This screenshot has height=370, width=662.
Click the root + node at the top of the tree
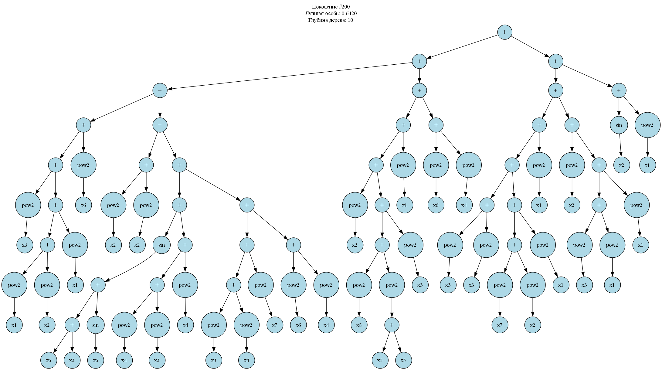coord(504,32)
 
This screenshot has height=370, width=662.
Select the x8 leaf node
coord(359,325)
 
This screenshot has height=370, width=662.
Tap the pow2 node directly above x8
coord(359,285)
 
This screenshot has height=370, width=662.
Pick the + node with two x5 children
coord(392,325)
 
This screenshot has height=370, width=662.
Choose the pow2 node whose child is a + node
coord(392,285)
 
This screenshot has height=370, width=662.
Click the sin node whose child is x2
coord(619,125)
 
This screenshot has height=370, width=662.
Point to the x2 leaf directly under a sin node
coord(621,165)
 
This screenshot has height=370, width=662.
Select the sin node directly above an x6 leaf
coord(95,325)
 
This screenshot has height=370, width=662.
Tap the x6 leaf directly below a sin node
coord(95,360)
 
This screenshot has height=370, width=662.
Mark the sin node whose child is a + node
coord(161,245)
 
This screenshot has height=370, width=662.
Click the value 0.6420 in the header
coord(349,13)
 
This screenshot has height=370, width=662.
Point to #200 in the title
coord(344,7)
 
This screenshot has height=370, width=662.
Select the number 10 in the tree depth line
coord(350,20)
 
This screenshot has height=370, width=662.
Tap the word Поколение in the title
coord(324,7)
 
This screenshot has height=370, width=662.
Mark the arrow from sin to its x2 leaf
coord(620,145)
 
